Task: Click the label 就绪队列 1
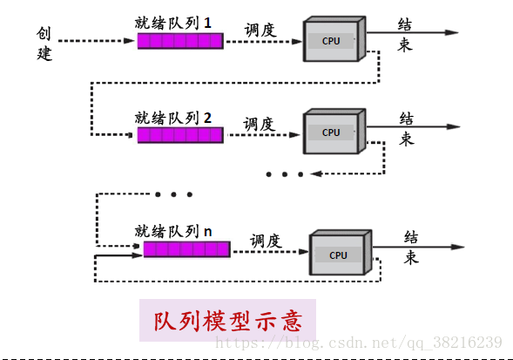pos(173,24)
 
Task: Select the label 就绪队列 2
pos(173,118)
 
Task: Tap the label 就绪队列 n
pos(173,231)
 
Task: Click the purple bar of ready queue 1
pos(180,41)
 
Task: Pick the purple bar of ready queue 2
pos(180,135)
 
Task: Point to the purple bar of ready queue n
pos(186,249)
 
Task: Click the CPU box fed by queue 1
pos(334,38)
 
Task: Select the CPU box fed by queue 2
pos(334,132)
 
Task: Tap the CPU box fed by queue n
pos(341,252)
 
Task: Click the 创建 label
pos(44,44)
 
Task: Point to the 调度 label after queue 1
pos(260,31)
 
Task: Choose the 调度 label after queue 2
pos(260,124)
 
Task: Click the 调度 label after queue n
pos(266,241)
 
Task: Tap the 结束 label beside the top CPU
pos(405,35)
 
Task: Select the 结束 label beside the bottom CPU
pos(411,248)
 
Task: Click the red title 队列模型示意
pos(228,321)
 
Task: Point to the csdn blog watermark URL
pos(359,343)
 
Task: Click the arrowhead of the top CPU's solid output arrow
pos(452,32)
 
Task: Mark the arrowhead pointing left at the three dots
pos(316,174)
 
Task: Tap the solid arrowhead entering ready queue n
pos(137,255)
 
